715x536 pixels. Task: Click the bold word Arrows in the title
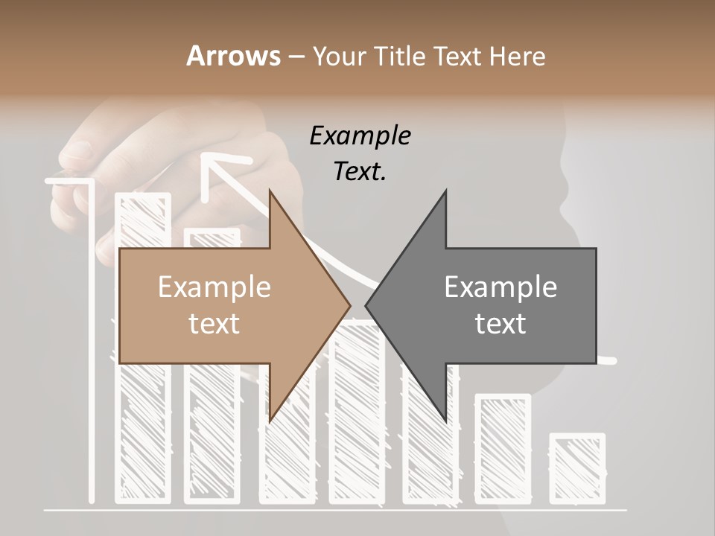(x=233, y=56)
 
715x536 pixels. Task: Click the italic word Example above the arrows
(x=360, y=136)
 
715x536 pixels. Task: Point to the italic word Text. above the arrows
(x=360, y=171)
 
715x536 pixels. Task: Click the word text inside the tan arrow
(x=214, y=324)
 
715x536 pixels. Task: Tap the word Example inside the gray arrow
(x=500, y=287)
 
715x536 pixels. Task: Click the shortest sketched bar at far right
(x=577, y=468)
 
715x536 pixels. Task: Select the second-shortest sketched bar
(x=503, y=447)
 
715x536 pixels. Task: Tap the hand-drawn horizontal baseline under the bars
(x=335, y=510)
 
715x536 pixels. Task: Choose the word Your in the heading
(x=338, y=56)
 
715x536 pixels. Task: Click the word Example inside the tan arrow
(x=214, y=287)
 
